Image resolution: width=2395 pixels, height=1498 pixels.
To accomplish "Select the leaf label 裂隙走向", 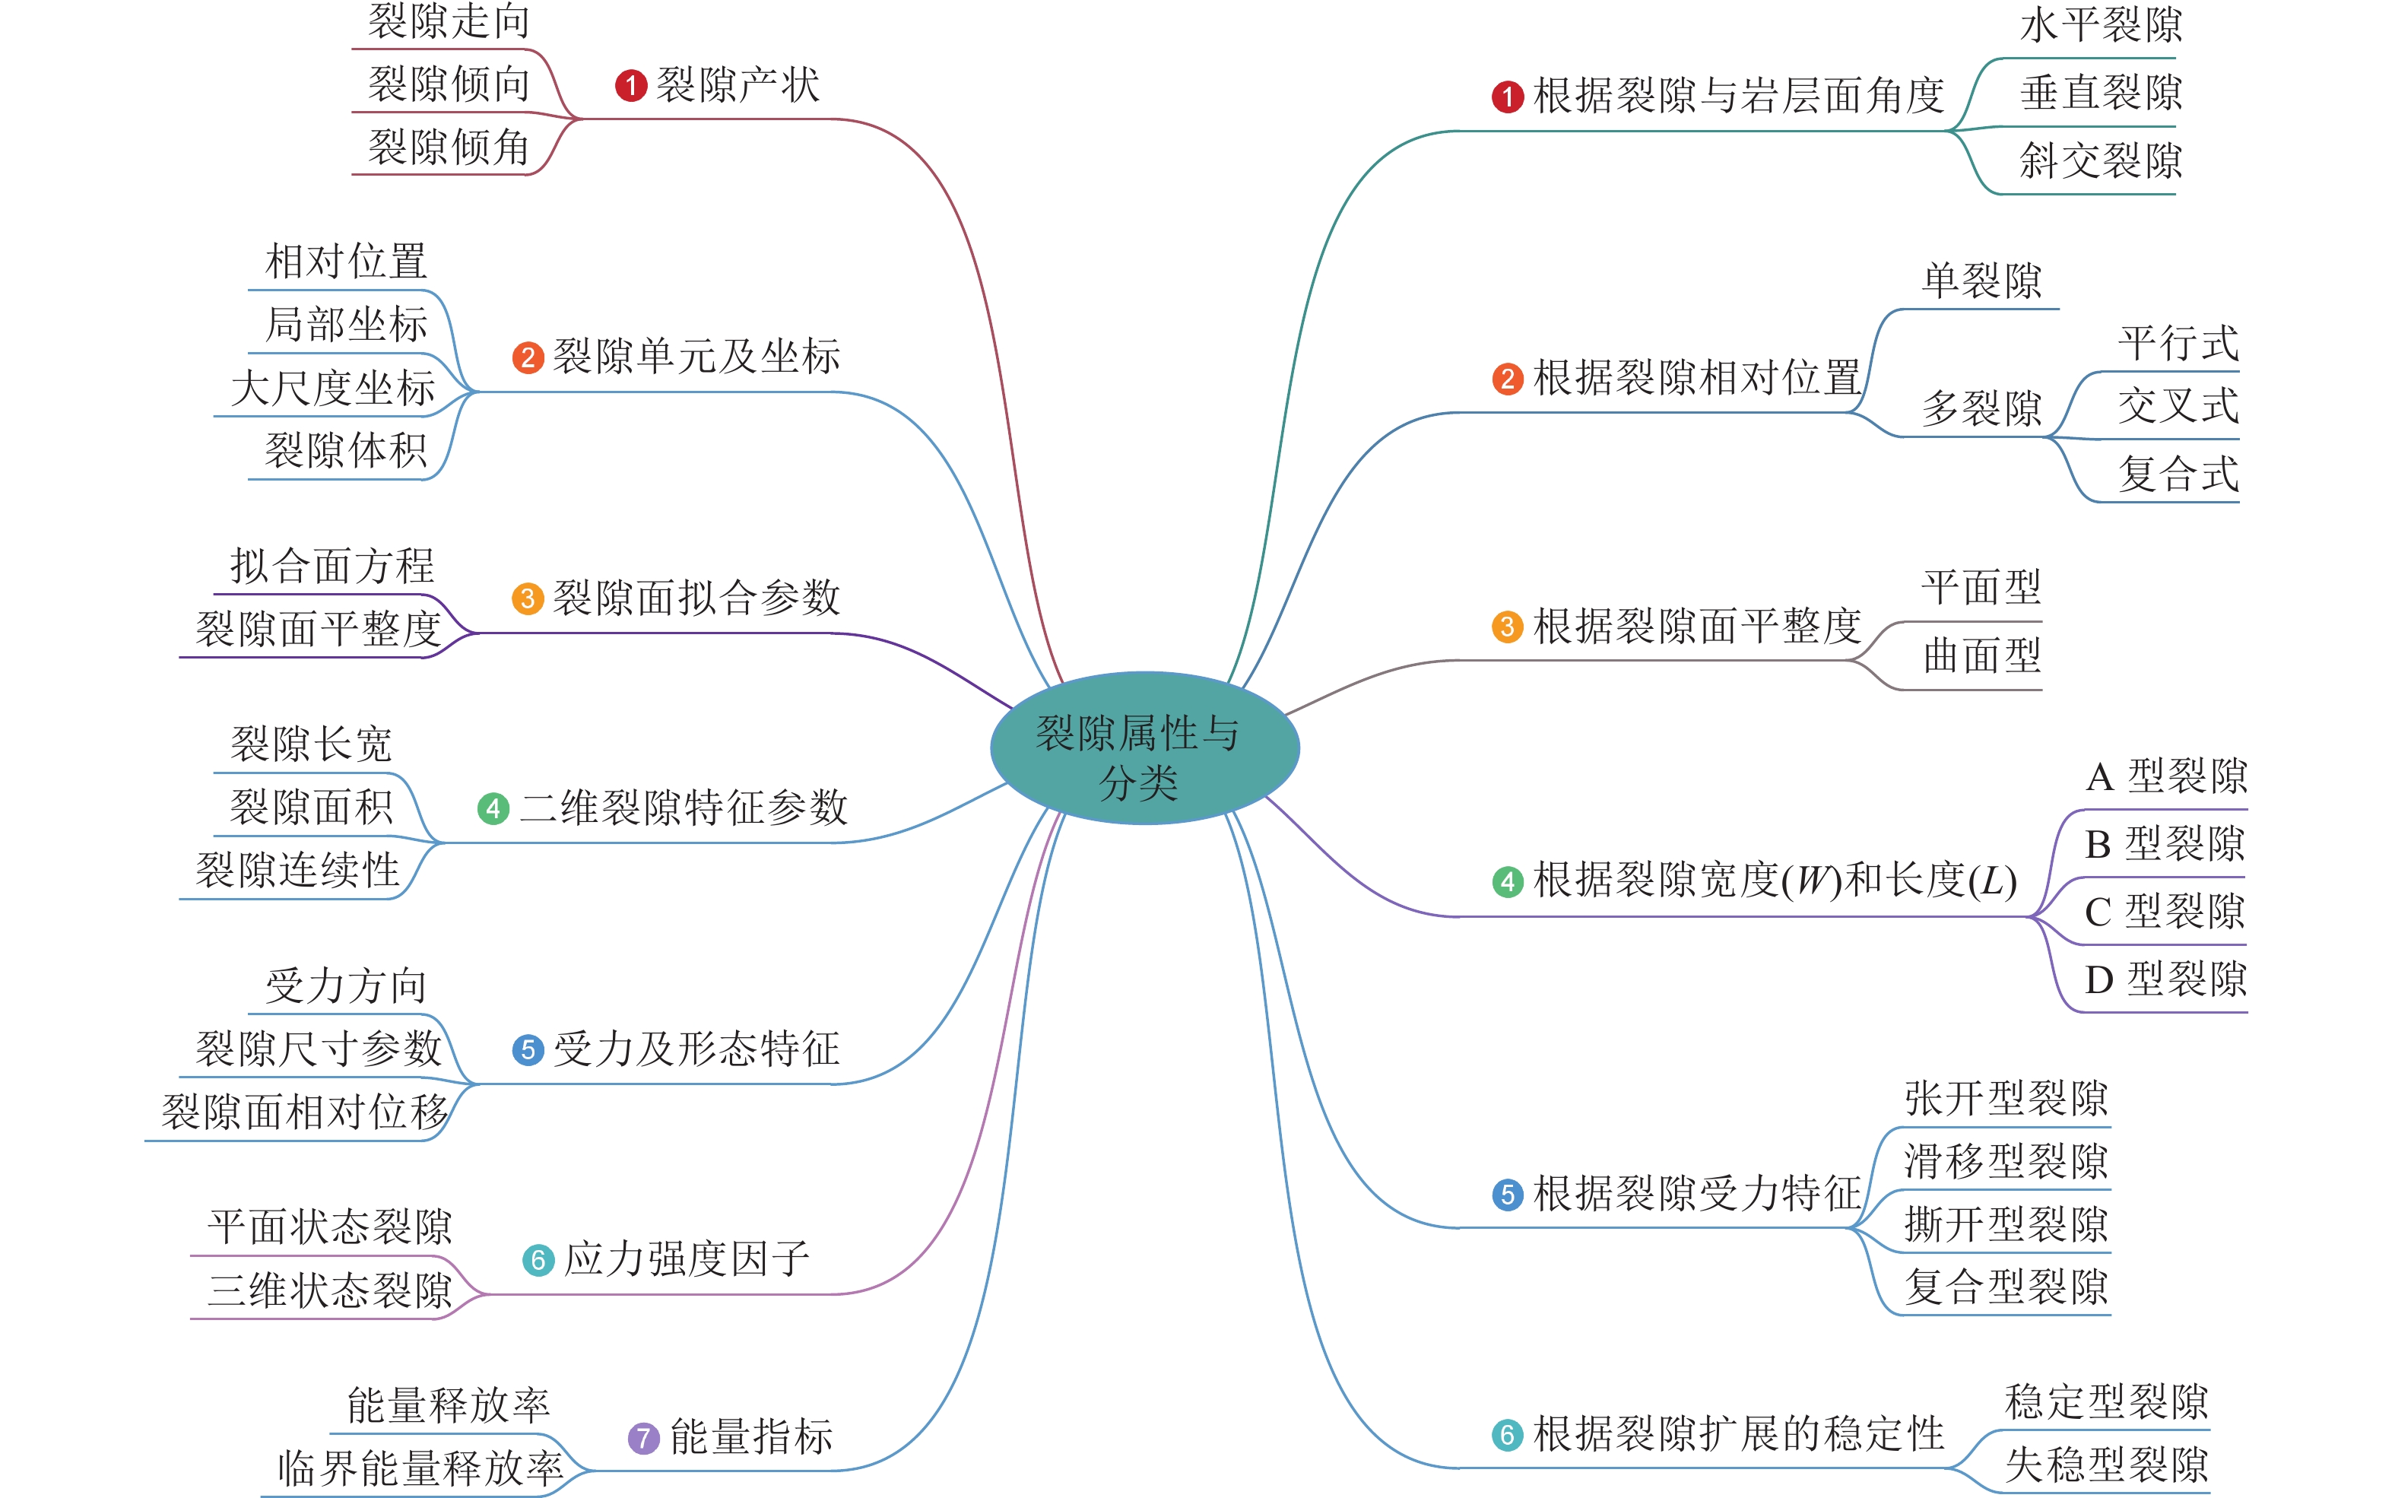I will click(x=449, y=22).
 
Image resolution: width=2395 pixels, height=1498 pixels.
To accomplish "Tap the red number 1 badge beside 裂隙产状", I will click(x=631, y=85).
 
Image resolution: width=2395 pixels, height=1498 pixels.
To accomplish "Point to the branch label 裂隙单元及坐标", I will click(x=696, y=356).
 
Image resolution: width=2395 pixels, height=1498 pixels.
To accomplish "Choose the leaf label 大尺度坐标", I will click(x=333, y=387).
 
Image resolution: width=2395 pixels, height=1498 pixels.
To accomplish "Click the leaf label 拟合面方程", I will click(x=333, y=566).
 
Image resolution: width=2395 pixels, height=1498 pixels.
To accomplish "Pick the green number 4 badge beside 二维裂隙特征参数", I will click(x=493, y=808).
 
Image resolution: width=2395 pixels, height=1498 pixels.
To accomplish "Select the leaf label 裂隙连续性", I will click(x=297, y=870).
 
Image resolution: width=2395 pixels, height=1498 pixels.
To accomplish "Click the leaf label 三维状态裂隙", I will click(x=330, y=1290).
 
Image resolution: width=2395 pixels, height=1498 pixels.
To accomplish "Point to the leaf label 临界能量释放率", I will click(x=420, y=1468).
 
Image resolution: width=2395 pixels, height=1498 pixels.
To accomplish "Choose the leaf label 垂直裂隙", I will click(x=2101, y=93).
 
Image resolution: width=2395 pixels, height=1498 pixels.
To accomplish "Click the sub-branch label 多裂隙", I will click(x=1982, y=407).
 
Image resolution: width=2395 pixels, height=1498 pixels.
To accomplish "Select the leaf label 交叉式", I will click(x=2178, y=405).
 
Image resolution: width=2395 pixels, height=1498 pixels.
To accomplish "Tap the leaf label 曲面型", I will click(x=1982, y=655).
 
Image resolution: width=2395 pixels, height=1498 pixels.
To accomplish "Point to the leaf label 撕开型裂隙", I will click(x=2006, y=1223).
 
